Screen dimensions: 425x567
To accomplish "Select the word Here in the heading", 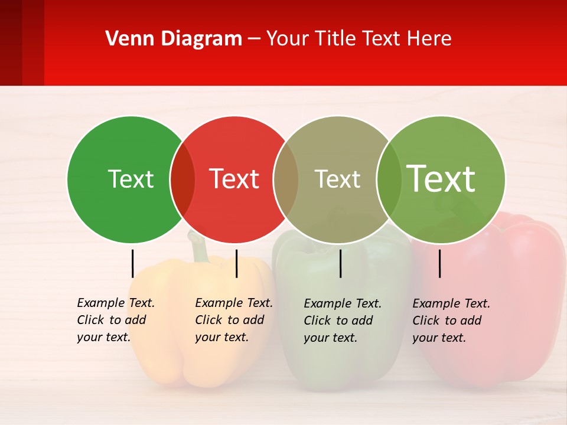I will [x=431, y=39].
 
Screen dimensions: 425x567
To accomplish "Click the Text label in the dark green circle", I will [x=131, y=179].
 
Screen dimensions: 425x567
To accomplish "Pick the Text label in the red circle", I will [x=234, y=179].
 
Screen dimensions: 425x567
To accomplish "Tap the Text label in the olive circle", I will [x=337, y=179].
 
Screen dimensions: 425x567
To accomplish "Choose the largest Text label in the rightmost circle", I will [x=441, y=179].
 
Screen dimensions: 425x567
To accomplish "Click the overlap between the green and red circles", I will [x=183, y=179].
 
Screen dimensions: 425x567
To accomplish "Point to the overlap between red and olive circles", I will [x=286, y=179].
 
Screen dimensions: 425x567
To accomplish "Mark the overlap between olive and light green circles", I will [x=388, y=179].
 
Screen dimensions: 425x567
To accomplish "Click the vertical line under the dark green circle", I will [x=132, y=263].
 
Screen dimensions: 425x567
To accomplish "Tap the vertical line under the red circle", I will [x=236, y=263].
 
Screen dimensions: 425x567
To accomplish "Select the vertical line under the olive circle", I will [x=340, y=263].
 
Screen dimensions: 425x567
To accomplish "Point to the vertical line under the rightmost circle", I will [x=439, y=263].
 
